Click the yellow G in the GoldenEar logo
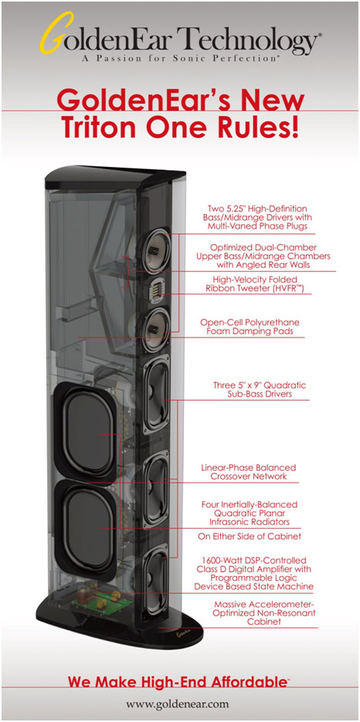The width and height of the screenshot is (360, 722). click(55, 32)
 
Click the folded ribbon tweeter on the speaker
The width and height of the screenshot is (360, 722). click(156, 291)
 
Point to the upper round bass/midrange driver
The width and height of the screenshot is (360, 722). click(156, 251)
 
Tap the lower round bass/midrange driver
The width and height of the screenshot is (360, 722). click(156, 330)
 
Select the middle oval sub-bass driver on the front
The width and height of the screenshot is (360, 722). click(156, 490)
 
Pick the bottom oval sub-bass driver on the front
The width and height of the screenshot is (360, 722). click(156, 582)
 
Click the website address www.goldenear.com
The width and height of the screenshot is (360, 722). click(178, 704)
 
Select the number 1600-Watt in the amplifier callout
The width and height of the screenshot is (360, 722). click(219, 561)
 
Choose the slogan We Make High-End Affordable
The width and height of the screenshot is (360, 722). click(178, 682)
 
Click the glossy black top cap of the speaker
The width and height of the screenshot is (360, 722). click(115, 178)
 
